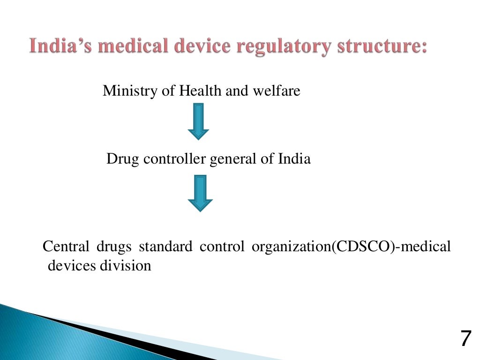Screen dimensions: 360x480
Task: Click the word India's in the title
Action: (x=59, y=47)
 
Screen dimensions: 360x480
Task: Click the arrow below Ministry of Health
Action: (x=198, y=121)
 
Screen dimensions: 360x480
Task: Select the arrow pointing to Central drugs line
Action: (x=200, y=193)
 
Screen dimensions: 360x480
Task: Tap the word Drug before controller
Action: (x=123, y=159)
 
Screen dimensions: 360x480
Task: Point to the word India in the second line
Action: (x=294, y=159)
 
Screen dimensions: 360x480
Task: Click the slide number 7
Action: (x=465, y=338)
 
